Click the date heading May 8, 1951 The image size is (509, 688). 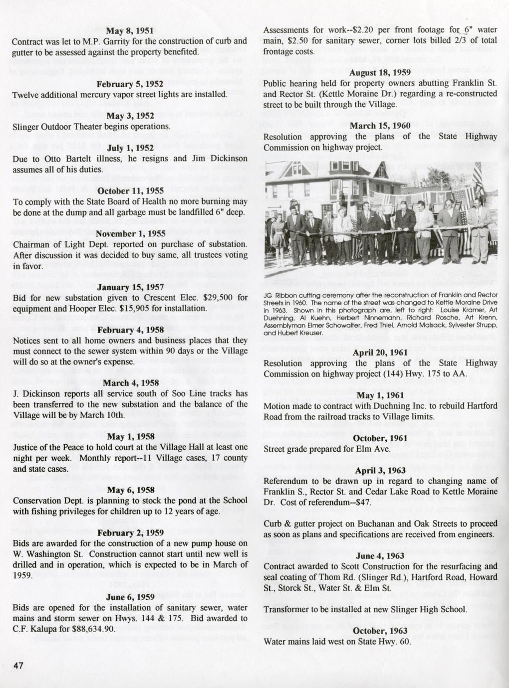(130, 30)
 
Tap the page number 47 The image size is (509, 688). (18, 666)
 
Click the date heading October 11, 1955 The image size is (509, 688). (130, 191)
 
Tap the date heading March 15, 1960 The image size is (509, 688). (380, 126)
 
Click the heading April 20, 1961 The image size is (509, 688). (380, 352)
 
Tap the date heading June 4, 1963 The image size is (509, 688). (380, 555)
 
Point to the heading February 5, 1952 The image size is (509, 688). (130, 84)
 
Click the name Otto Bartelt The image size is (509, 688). (59, 159)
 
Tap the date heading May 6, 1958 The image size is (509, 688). (130, 490)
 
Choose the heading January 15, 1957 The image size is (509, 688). (130, 287)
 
